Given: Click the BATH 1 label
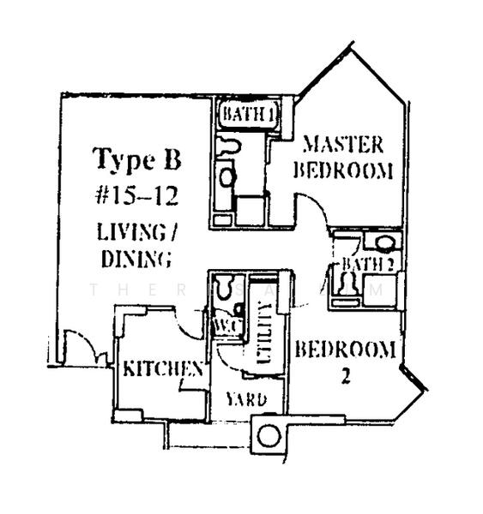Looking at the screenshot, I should pyautogui.click(x=248, y=114).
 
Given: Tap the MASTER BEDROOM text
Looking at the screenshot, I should pyautogui.click(x=342, y=155).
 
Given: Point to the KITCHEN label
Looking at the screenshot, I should pyautogui.click(x=163, y=369).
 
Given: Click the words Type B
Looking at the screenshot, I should pyautogui.click(x=136, y=160).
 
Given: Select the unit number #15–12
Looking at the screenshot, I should pyautogui.click(x=136, y=195).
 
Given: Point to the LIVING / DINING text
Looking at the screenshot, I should pyautogui.click(x=136, y=244).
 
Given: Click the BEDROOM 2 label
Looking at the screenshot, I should pyautogui.click(x=345, y=360).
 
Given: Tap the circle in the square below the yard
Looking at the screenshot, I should pyautogui.click(x=268, y=435).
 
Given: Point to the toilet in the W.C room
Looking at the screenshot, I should pyautogui.click(x=226, y=285).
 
